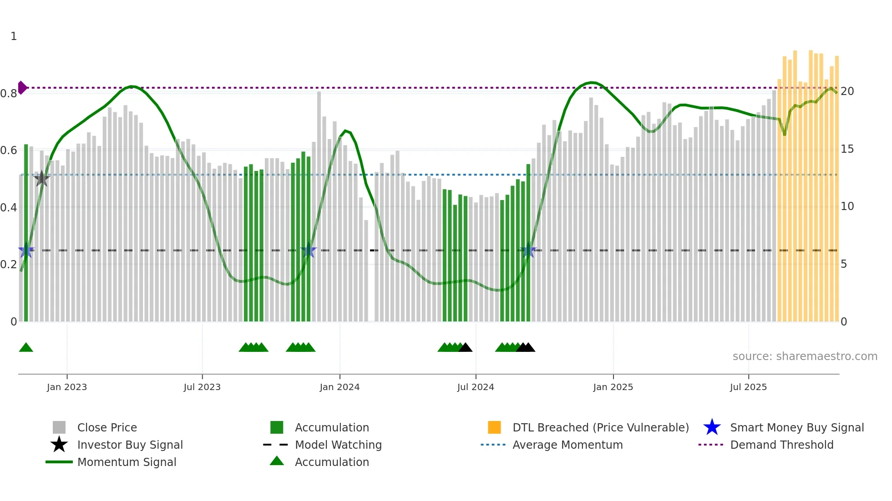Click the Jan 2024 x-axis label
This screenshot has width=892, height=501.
pyautogui.click(x=340, y=387)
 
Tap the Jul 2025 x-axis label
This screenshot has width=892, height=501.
pyautogui.click(x=748, y=387)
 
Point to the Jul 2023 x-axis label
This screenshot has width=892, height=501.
pyautogui.click(x=202, y=387)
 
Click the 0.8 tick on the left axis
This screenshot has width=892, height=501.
pyautogui.click(x=9, y=94)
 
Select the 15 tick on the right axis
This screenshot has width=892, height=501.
pyautogui.click(x=847, y=149)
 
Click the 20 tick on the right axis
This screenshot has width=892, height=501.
pyautogui.click(x=847, y=91)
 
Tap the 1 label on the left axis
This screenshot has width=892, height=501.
pyautogui.click(x=14, y=36)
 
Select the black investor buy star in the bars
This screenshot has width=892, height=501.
pyautogui.click(x=42, y=179)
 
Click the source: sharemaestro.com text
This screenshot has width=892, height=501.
pyautogui.click(x=805, y=356)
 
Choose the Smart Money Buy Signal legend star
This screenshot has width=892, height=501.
pyautogui.click(x=712, y=427)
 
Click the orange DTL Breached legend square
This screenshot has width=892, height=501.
pyautogui.click(x=494, y=427)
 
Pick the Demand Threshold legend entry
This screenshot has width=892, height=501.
pyautogui.click(x=781, y=445)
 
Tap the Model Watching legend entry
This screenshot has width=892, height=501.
pyautogui.click(x=338, y=445)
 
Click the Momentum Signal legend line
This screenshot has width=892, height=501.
pyautogui.click(x=59, y=462)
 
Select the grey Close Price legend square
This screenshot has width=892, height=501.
pyautogui.click(x=59, y=427)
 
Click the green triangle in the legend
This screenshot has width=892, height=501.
pyautogui.click(x=277, y=461)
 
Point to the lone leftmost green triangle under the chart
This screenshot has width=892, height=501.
pyautogui.click(x=26, y=348)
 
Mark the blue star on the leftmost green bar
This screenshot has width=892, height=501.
pyautogui.click(x=26, y=250)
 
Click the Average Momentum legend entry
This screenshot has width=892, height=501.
pyautogui.click(x=567, y=445)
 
